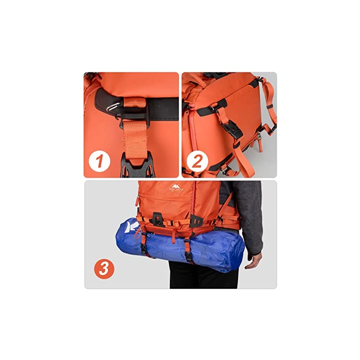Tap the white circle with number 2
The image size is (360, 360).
pos(198,160)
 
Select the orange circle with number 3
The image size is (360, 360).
pos(104,269)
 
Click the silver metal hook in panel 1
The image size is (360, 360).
pos(112,106)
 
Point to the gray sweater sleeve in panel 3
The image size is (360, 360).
pos(252,216)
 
